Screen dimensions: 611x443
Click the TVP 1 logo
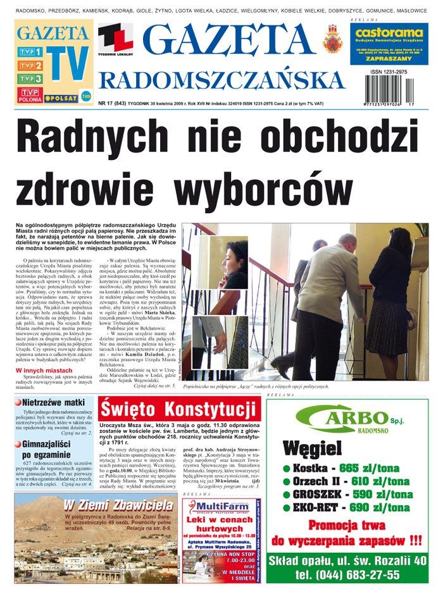click(x=30, y=52)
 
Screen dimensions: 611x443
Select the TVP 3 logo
click(x=30, y=79)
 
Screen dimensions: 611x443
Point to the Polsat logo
click(x=61, y=99)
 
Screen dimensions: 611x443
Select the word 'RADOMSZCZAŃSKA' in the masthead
click(x=221, y=80)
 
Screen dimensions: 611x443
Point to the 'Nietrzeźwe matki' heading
click(x=53, y=402)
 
